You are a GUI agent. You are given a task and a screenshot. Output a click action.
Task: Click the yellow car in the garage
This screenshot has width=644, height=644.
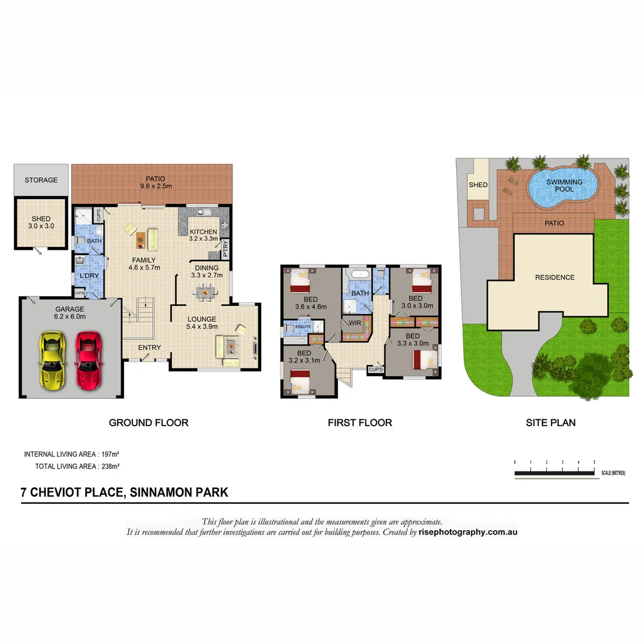click(x=52, y=361)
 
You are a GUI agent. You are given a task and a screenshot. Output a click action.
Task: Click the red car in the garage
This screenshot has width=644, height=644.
click(x=87, y=361)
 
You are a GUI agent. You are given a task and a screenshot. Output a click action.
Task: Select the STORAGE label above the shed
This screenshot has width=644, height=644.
click(x=41, y=179)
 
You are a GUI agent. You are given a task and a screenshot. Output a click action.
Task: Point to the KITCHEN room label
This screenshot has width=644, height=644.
click(x=203, y=232)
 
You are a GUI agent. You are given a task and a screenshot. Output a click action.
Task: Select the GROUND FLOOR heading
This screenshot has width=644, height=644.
click(x=148, y=423)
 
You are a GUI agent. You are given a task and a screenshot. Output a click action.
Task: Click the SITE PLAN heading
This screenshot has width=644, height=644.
click(x=550, y=423)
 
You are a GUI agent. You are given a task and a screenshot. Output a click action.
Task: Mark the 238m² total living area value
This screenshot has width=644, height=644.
click(x=110, y=466)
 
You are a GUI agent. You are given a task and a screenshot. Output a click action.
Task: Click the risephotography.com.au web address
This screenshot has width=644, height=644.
click(x=468, y=532)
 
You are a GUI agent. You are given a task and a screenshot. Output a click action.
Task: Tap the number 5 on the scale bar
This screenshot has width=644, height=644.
click(x=594, y=462)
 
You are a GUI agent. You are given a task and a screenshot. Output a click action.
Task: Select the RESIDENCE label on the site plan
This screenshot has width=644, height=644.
click(x=555, y=277)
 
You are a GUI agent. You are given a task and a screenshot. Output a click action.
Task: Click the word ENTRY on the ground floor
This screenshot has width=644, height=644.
click(x=149, y=348)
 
